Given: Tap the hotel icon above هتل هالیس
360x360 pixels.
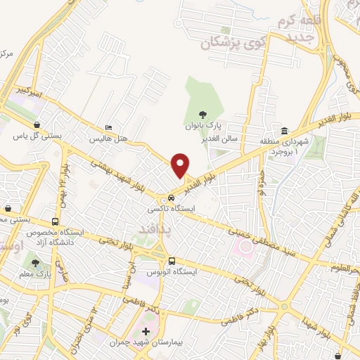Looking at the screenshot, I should tap(107, 127).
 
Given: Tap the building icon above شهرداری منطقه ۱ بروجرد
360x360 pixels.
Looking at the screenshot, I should tap(284, 131).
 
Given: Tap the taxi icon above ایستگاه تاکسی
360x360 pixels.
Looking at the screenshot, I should tap(172, 198).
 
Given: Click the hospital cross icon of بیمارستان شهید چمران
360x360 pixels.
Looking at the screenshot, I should tap(146, 331).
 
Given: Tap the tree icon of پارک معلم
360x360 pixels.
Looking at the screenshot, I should tap(35, 262).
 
